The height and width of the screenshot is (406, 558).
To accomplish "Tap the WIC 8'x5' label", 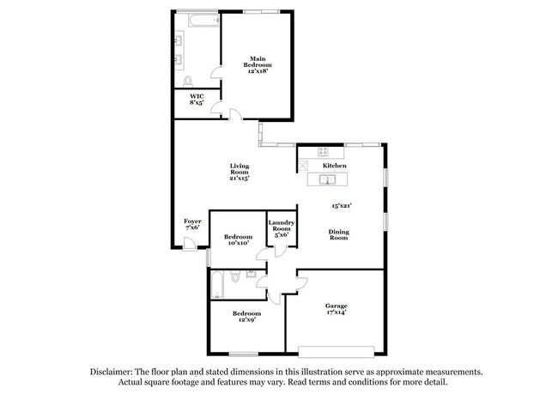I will click(197, 99).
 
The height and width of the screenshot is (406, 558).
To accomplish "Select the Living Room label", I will click(239, 172).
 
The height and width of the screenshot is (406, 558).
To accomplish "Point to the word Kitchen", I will click(334, 166).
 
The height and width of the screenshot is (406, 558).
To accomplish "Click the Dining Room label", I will click(338, 234).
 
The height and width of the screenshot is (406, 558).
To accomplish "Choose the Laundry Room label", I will click(282, 230).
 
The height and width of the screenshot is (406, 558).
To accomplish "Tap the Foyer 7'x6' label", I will click(192, 224).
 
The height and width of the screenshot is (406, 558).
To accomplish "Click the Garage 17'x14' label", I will click(336, 311).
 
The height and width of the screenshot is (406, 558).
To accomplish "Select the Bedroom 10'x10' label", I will click(238, 239).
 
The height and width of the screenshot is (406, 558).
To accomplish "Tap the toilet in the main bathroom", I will click(189, 82).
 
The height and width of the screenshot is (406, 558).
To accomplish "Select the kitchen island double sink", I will click(329, 180).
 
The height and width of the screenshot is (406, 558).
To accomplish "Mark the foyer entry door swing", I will click(188, 244).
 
